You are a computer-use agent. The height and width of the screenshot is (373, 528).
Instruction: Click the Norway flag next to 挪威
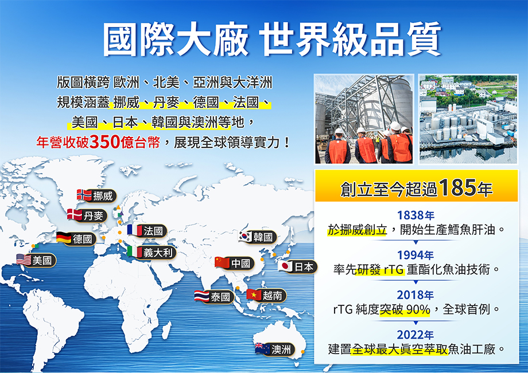click(x=84, y=195)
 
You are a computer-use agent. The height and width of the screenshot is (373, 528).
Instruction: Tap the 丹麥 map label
click(x=94, y=215)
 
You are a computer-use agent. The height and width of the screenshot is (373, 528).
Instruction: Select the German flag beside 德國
click(x=64, y=238)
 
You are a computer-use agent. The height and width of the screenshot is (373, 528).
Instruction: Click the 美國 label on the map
click(x=42, y=260)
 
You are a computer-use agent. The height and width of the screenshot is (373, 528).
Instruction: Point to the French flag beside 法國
click(x=134, y=230)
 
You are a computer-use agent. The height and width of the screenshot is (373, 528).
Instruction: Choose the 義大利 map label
click(x=158, y=252)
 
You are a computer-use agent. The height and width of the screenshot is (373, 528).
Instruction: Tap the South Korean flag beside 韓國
click(x=246, y=237)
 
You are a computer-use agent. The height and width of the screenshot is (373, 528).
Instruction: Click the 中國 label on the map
click(x=241, y=264)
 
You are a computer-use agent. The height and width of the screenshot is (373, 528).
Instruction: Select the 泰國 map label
click(x=220, y=297)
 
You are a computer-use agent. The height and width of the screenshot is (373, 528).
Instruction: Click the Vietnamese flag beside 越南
click(x=254, y=295)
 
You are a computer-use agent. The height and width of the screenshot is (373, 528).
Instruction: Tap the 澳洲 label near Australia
click(x=281, y=350)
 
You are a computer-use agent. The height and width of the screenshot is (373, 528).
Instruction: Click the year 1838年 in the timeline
click(x=416, y=215)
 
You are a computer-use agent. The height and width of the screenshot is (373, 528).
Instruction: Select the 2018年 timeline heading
click(x=416, y=295)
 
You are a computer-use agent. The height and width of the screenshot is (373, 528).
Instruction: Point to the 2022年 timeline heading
click(x=416, y=335)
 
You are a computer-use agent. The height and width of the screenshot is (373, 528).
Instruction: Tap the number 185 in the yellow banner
click(x=457, y=187)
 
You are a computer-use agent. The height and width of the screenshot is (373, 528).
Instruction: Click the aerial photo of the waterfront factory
click(x=468, y=119)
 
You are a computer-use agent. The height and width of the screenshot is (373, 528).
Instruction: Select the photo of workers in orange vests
click(x=364, y=119)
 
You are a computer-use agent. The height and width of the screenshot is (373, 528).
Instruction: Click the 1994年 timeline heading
click(x=416, y=255)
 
